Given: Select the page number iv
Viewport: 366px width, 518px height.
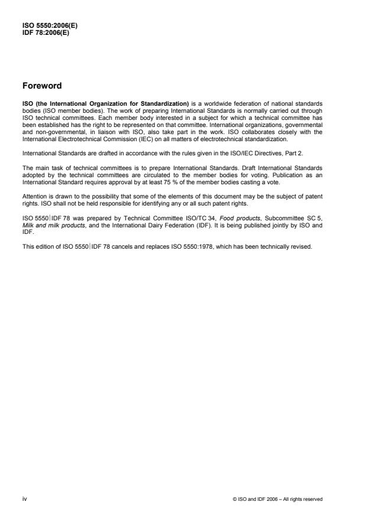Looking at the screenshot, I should tap(25, 499).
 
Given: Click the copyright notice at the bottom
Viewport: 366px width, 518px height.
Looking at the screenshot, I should tap(277, 500).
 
